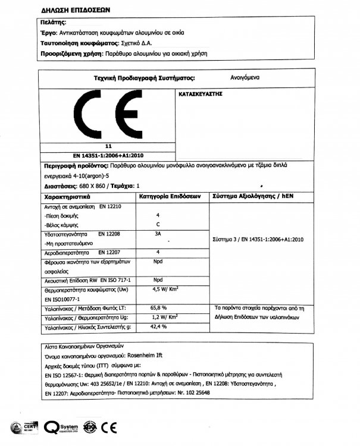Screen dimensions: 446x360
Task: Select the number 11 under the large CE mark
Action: point(108,146)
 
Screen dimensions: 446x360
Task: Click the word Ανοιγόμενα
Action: point(245,77)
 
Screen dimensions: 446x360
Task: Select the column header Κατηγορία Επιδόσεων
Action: point(171,195)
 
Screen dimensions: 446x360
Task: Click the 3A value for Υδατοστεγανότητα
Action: point(158,235)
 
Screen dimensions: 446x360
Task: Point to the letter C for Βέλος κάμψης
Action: point(158,225)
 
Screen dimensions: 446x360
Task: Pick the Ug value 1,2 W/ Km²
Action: point(167,318)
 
